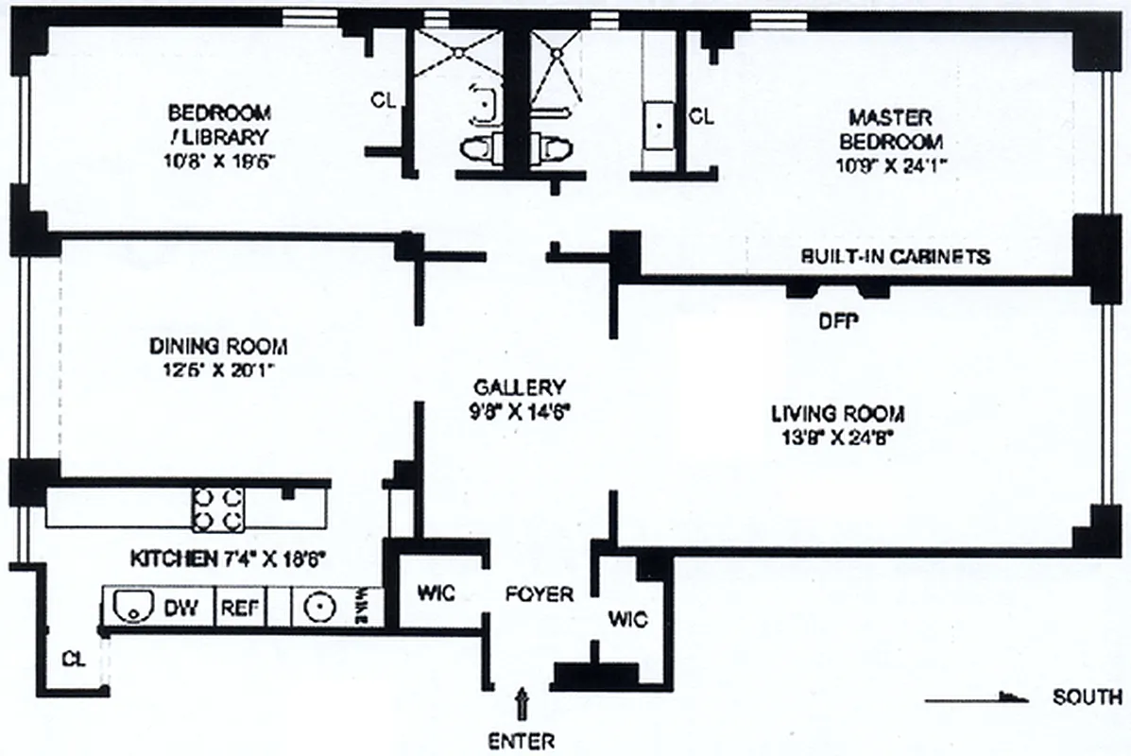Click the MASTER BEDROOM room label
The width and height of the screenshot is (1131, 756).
(889, 130)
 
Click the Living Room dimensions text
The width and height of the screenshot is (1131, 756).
(832, 436)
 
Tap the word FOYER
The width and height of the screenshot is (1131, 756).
(539, 594)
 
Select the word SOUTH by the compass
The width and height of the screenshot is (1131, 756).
(1088, 698)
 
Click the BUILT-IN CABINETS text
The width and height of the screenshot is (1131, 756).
(895, 256)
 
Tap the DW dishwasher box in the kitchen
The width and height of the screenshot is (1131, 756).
(182, 608)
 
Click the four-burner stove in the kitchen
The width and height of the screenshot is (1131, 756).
(218, 509)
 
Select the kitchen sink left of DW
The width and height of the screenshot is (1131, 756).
(131, 607)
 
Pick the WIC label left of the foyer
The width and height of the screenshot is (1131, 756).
(436, 593)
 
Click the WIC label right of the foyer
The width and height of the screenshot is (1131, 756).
(627, 620)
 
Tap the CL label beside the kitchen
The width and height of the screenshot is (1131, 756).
(73, 659)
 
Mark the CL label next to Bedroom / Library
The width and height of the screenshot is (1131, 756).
(383, 98)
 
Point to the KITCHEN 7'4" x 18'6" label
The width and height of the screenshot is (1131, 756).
(228, 559)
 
